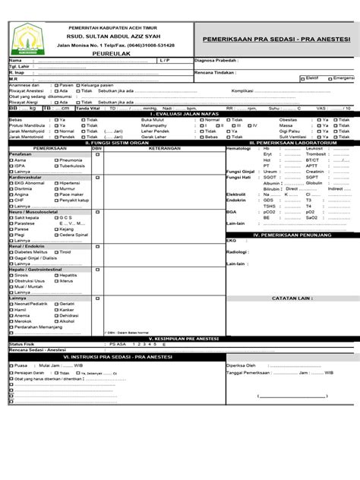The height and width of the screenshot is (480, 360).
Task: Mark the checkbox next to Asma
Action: click(x=11, y=160)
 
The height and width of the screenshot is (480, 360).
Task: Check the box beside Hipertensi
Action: click(x=55, y=183)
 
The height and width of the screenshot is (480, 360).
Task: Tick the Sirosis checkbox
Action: click(x=11, y=275)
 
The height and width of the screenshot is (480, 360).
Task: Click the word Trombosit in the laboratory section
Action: click(x=316, y=154)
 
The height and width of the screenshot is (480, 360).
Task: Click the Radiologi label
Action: click(x=238, y=251)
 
